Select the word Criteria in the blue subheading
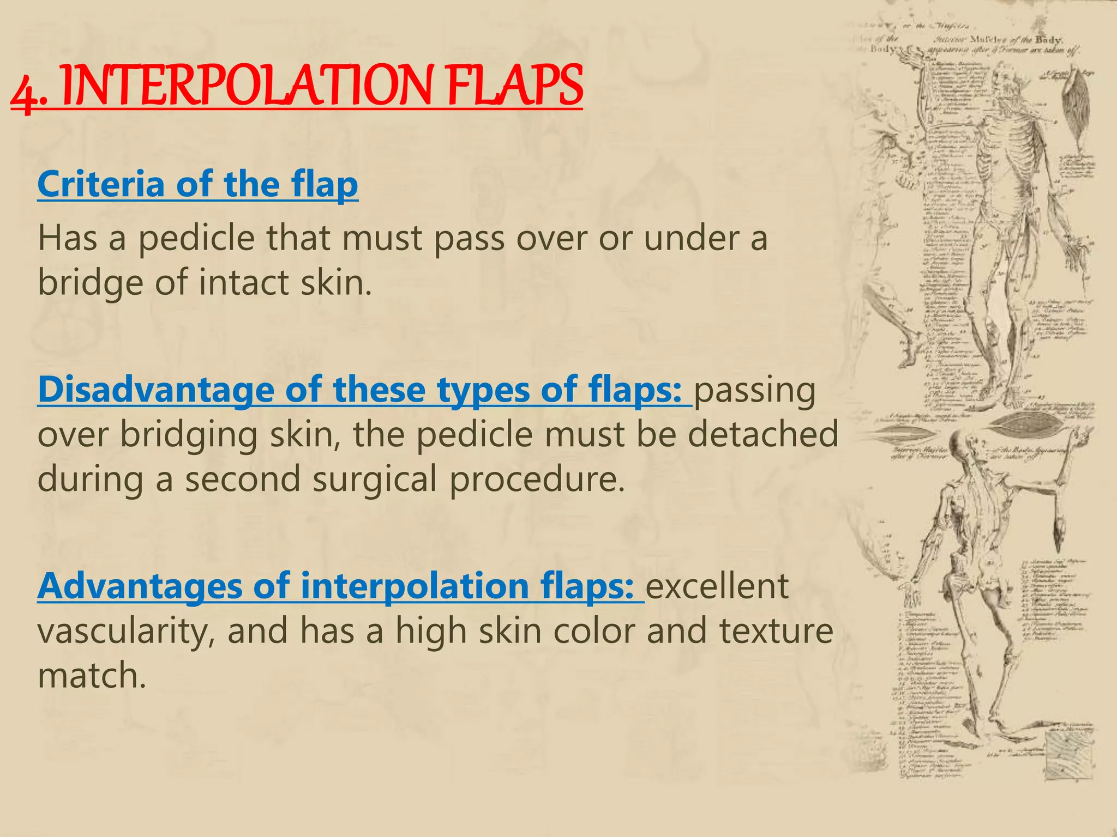pos(100,184)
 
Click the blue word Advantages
pos(139,586)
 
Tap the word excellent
pos(717,586)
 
